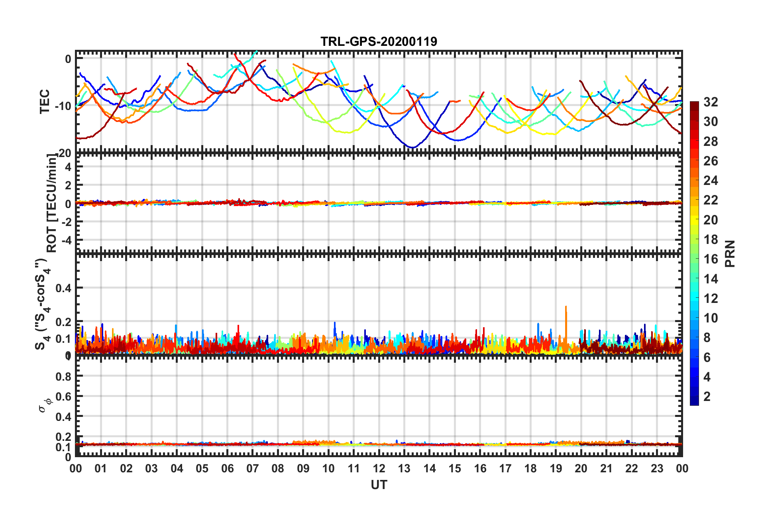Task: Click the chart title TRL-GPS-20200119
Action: tap(379, 41)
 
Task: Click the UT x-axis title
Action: tap(379, 485)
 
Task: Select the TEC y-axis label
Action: tap(45, 101)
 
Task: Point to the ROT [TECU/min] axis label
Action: tap(52, 203)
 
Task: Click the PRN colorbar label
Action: tap(730, 253)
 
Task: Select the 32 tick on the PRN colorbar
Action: tap(711, 102)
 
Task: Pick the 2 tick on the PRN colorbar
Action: tap(707, 396)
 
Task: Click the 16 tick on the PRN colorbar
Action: tap(711, 259)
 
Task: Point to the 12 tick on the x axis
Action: tap(379, 468)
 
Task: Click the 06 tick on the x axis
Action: tap(227, 468)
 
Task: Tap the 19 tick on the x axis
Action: tap(556, 468)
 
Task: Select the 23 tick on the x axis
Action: tap(657, 468)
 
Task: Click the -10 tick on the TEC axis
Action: tap(63, 106)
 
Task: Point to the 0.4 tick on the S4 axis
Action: tap(64, 288)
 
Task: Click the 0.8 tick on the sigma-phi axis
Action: tap(64, 376)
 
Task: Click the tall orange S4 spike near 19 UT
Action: tap(566, 307)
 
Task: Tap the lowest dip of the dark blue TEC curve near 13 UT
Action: tap(413, 147)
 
